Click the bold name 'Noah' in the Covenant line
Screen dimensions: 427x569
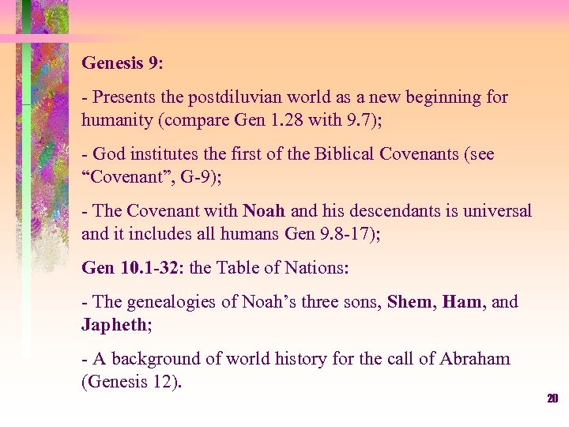pos(264,211)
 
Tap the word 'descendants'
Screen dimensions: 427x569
pos(390,211)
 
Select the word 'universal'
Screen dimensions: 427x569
pos(498,211)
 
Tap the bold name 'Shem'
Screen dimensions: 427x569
pos(411,303)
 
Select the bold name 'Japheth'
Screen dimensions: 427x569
pos(113,325)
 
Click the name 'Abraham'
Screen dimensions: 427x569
pos(473,360)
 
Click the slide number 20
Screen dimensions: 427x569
pos(552,399)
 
